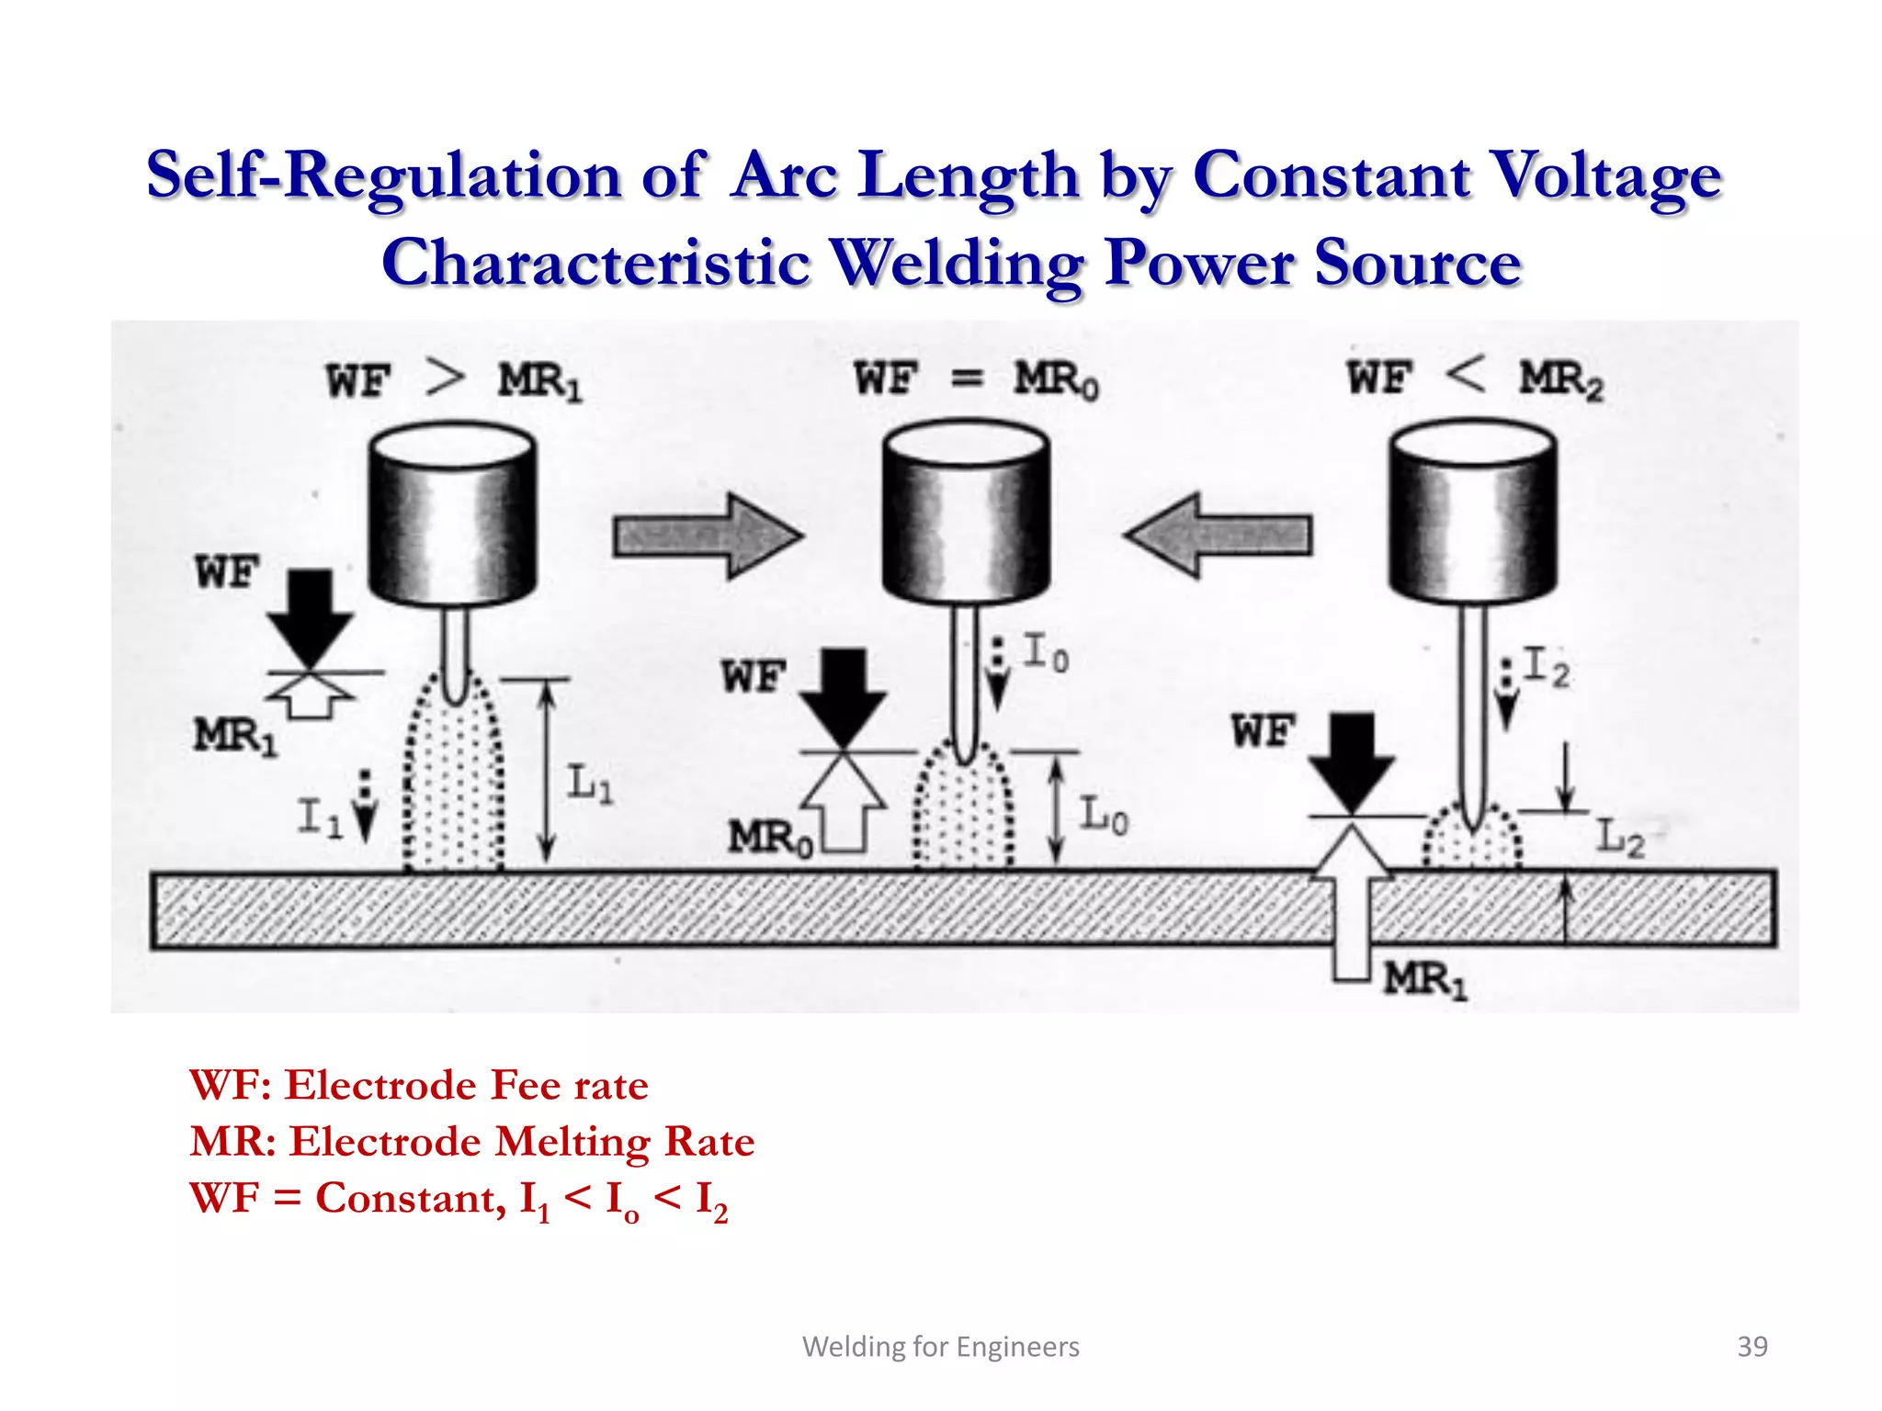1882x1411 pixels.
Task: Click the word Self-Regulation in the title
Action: [384, 176]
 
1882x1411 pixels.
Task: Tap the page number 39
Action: [1752, 1346]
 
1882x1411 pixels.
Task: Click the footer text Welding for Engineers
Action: [940, 1346]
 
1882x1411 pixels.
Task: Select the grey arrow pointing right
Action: [707, 536]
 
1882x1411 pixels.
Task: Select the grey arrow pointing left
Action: [1219, 536]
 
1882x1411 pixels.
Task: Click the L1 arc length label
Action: [589, 784]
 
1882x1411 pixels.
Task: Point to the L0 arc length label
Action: [1103, 815]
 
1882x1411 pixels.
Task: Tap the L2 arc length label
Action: [1619, 837]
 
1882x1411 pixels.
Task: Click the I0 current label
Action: [1046, 652]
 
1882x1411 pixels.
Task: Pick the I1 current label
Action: [319, 817]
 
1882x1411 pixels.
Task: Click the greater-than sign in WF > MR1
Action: [446, 378]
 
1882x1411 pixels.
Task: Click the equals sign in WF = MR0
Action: [967, 378]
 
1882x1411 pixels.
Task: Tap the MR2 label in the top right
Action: [1560, 379]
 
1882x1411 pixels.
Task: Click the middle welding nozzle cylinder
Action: [965, 514]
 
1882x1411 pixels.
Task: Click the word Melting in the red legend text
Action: [573, 1142]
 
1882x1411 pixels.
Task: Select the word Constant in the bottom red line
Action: [409, 1198]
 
